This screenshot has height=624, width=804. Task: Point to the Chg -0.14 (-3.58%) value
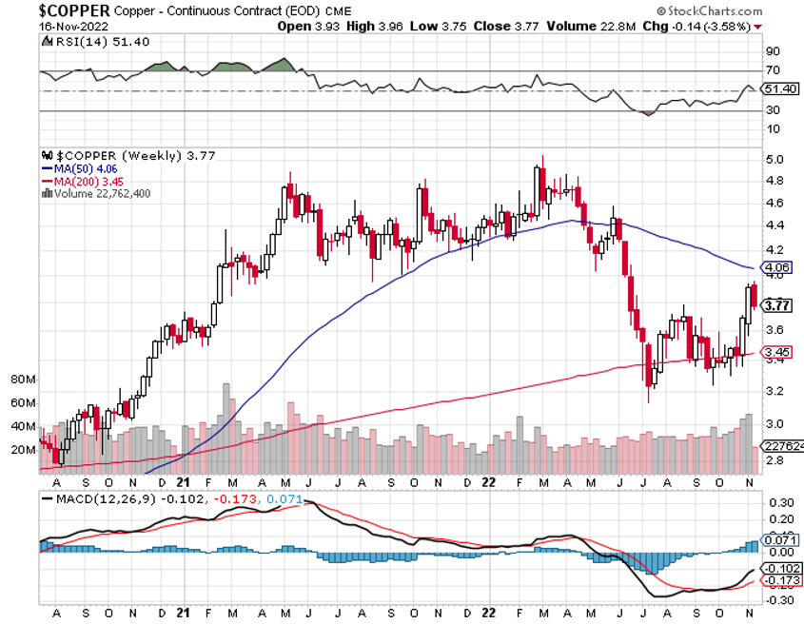tap(705, 26)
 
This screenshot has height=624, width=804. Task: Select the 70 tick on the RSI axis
tap(773, 70)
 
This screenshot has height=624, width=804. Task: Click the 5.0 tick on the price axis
tap(775, 159)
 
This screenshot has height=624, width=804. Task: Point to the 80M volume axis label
tap(22, 380)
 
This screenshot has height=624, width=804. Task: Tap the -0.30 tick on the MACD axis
tap(779, 599)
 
